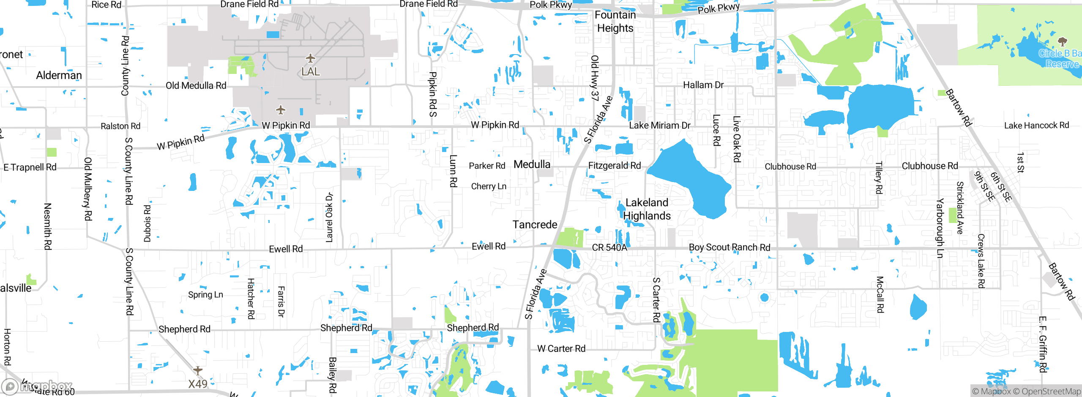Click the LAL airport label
(310, 71)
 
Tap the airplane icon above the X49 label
(197, 370)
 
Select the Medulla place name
(532, 164)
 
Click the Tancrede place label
(535, 224)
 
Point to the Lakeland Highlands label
(647, 209)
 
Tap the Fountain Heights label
(615, 22)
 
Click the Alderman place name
(59, 75)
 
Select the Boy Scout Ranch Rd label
(730, 247)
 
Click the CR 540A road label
(609, 247)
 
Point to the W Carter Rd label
(561, 348)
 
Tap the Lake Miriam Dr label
(659, 125)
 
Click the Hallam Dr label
(703, 85)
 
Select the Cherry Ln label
(489, 186)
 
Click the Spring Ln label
(205, 294)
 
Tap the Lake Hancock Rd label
(1036, 125)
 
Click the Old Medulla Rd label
(196, 86)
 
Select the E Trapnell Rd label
(30, 167)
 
